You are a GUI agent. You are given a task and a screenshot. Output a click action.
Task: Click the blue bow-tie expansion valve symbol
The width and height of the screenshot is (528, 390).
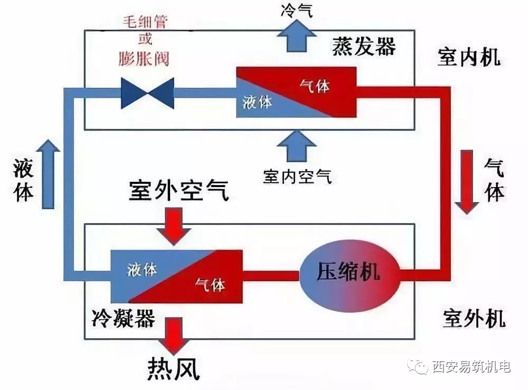[x=147, y=94]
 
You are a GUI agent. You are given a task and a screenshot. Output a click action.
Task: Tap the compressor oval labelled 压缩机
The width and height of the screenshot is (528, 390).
[x=349, y=275]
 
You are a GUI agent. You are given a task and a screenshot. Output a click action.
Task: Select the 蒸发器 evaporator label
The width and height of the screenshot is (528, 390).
[x=364, y=46]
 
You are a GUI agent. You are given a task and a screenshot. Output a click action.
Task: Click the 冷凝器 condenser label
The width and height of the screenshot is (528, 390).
[x=123, y=318]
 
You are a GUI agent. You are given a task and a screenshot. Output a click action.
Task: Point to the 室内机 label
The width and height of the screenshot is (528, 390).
[x=469, y=57]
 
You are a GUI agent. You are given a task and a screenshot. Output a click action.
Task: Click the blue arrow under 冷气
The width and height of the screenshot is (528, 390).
[x=297, y=35]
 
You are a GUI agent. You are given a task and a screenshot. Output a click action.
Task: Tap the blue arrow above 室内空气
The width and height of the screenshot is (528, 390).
[x=297, y=146]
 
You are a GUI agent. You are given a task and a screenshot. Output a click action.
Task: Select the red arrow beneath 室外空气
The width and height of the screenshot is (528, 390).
[x=174, y=226]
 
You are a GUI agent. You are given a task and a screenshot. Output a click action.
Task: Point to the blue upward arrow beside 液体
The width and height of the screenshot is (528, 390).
[x=48, y=174]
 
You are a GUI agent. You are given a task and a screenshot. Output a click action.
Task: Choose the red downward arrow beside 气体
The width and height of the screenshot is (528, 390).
[x=467, y=182]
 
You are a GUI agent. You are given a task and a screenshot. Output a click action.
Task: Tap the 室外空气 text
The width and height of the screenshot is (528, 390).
[x=179, y=191]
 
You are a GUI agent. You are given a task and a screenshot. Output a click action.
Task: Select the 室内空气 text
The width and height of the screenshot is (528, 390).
[x=297, y=177]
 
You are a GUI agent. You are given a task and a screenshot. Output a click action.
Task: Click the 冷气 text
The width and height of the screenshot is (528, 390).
[x=296, y=10]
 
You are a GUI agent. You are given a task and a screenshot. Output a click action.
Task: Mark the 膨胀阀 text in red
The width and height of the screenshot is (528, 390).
[x=144, y=59]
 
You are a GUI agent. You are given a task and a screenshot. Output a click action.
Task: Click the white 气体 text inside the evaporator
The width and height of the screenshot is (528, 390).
[x=315, y=86]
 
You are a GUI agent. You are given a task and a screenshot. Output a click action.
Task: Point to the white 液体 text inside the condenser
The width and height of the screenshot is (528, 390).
[x=142, y=270]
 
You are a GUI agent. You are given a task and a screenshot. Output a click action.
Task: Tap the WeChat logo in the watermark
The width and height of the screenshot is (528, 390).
[x=418, y=366]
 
